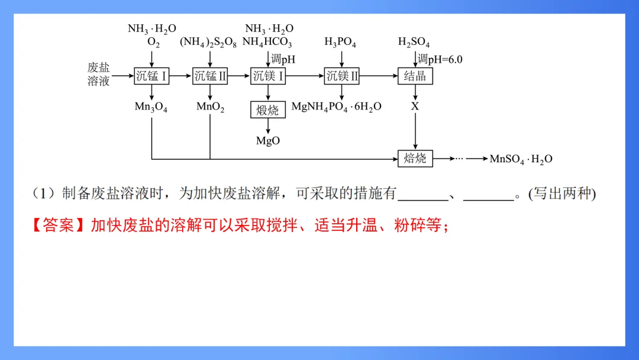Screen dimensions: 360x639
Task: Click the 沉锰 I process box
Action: pyautogui.click(x=151, y=76)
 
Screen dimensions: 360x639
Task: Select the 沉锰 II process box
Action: pyautogui.click(x=210, y=76)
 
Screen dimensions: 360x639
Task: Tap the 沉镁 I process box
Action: pyautogui.click(x=268, y=76)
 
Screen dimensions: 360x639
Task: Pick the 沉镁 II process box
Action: pyautogui.click(x=341, y=76)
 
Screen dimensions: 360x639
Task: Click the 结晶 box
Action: pyautogui.click(x=415, y=76)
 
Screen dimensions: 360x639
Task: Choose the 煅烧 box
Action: pyautogui.click(x=267, y=110)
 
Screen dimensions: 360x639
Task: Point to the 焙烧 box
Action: pyautogui.click(x=415, y=158)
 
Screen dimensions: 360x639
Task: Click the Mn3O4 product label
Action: pyautogui.click(x=151, y=107)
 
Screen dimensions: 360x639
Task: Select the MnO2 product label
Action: pyautogui.click(x=210, y=107)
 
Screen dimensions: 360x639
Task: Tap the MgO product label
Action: pyautogui.click(x=267, y=141)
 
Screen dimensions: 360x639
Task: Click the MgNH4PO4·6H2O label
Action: pyautogui.click(x=336, y=107)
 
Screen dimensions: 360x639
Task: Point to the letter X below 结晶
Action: pyautogui.click(x=415, y=107)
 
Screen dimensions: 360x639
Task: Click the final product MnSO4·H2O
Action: pyautogui.click(x=521, y=159)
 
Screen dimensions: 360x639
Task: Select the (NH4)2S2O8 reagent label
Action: pyautogui.click(x=210, y=43)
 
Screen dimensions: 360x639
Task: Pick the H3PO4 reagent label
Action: pyautogui.click(x=340, y=43)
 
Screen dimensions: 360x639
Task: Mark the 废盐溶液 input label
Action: pyautogui.click(x=99, y=75)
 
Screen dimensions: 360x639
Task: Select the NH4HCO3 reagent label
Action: pyautogui.click(x=267, y=43)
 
